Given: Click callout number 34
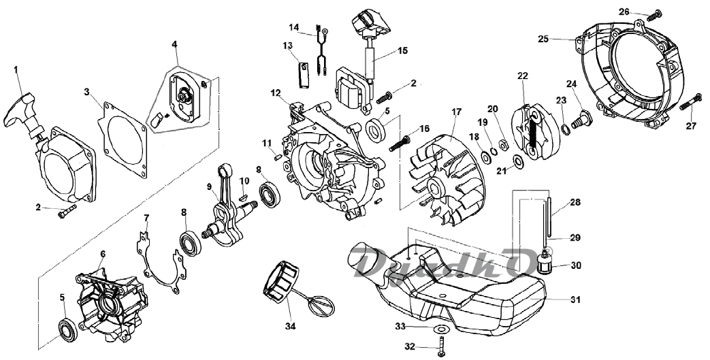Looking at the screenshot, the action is pyautogui.click(x=290, y=326).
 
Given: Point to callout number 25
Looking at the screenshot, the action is pyautogui.click(x=543, y=39).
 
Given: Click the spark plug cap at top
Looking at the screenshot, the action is pyautogui.click(x=371, y=22).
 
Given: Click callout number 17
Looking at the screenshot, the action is pyautogui.click(x=456, y=112).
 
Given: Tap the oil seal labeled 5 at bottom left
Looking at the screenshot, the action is pyautogui.click(x=69, y=330).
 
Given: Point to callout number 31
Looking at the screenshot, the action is pyautogui.click(x=575, y=300).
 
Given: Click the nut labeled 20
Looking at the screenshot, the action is pyautogui.click(x=502, y=145).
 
